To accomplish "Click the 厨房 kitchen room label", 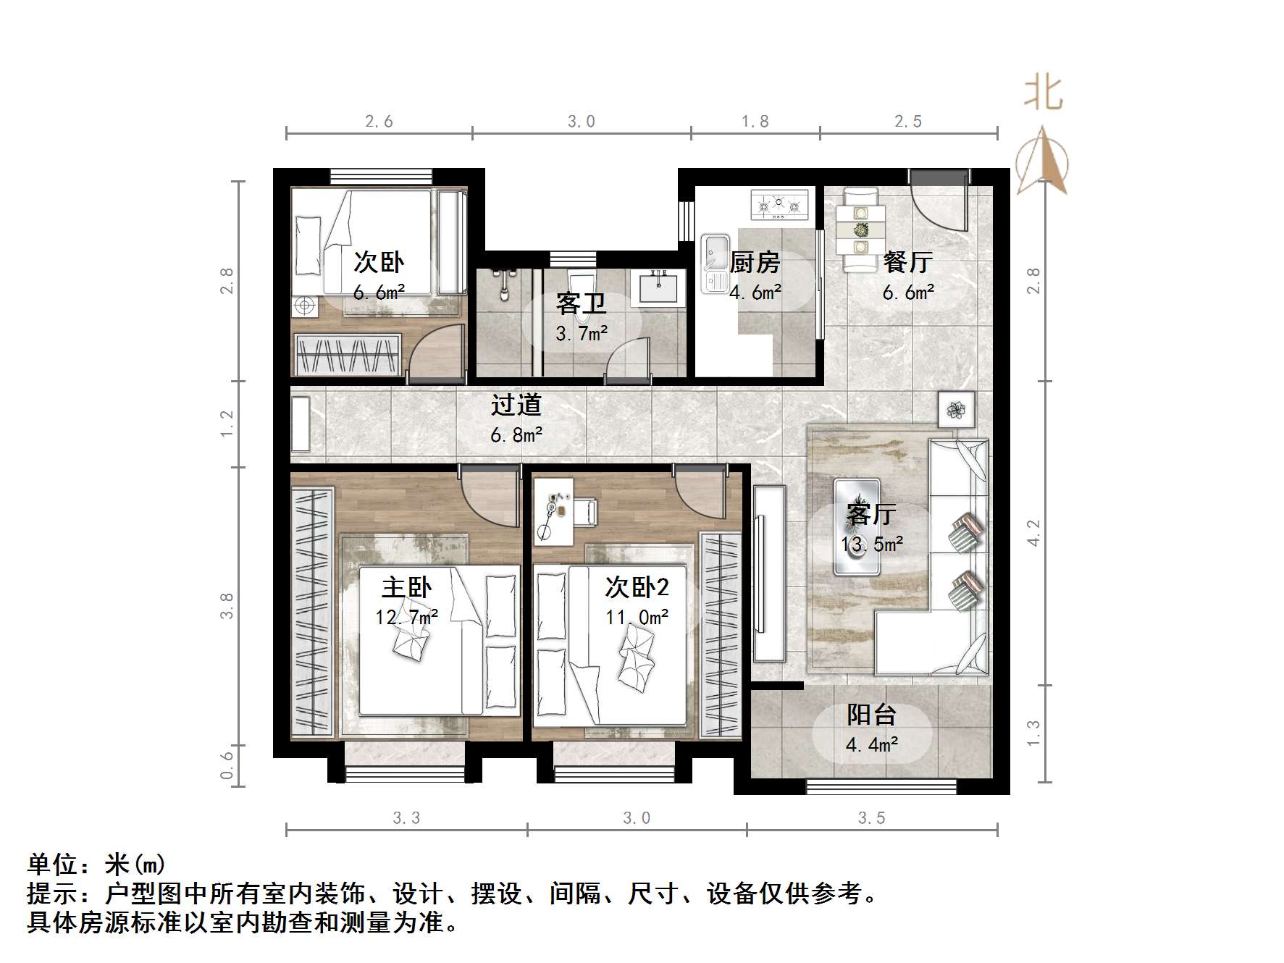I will point(755,262).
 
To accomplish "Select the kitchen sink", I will point(714,263).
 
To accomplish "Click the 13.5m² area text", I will point(871,544).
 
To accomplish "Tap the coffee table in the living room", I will point(857,526).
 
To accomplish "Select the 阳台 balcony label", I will point(872,715).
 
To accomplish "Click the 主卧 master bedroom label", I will point(406,587).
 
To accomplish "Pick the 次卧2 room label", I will point(637,587).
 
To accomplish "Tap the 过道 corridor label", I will point(516,405).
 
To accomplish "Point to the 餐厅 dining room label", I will point(907,262).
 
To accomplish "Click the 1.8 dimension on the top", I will point(755,122).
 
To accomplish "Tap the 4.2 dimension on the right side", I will point(1034,533).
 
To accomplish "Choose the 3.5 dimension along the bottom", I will point(871,818).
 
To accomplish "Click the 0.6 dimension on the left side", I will point(227,765).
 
